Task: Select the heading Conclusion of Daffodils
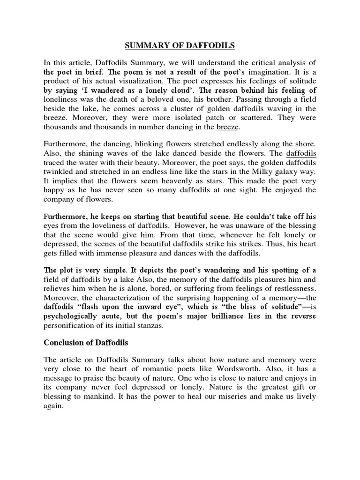click(x=86, y=343)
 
